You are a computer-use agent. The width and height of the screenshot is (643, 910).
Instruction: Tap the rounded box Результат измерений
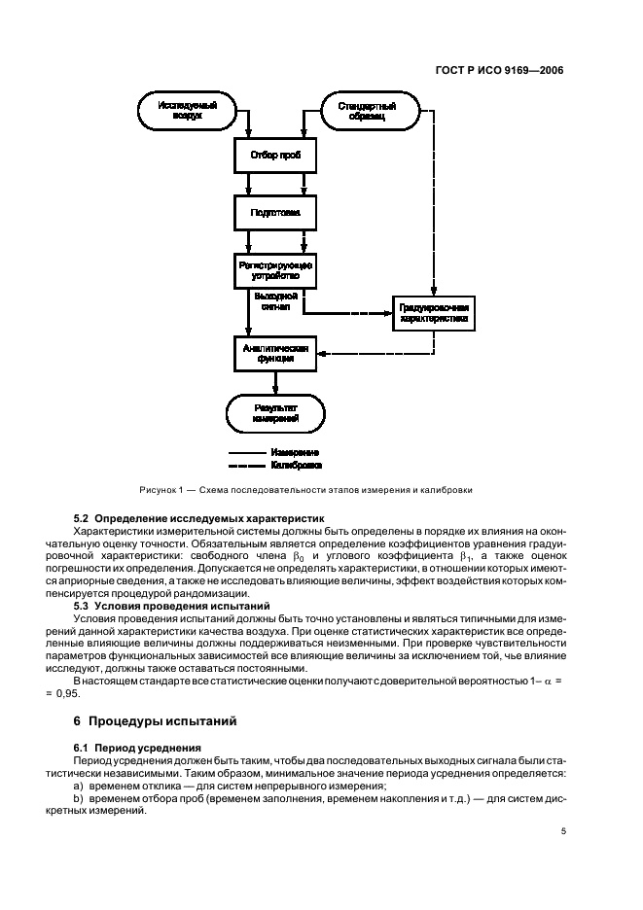point(275,412)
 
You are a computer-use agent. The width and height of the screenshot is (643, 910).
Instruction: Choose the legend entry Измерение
point(298,453)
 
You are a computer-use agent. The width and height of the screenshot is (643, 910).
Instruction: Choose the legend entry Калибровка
point(298,466)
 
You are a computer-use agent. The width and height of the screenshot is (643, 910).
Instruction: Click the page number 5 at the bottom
point(563,832)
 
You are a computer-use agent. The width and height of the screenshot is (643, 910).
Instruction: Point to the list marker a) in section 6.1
point(79,786)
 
